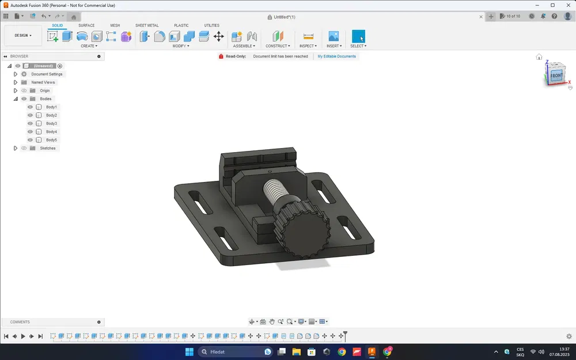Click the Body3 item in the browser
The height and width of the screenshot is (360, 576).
pos(51,123)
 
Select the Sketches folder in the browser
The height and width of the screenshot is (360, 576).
pos(47,148)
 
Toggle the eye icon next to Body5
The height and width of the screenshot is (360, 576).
pos(30,140)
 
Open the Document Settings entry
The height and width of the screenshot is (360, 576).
pos(47,74)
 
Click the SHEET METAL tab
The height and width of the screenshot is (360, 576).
pos(147,25)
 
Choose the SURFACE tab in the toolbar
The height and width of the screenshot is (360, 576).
pos(86,25)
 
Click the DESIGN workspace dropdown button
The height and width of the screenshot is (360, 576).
pos(23,36)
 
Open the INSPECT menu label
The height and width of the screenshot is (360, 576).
pos(308,46)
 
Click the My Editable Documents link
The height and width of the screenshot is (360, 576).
pos(337,56)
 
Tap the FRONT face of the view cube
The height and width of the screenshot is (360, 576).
pos(556,75)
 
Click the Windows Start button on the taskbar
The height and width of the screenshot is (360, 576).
pos(190,351)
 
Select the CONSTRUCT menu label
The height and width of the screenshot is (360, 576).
pos(277,46)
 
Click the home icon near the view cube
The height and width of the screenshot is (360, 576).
pos(539,57)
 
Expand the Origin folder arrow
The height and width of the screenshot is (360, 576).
pos(16,90)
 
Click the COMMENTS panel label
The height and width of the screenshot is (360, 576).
pos(20,322)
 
